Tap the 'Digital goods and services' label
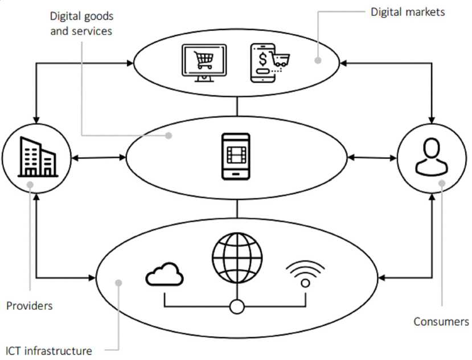click(x=81, y=23)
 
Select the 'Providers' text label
click(x=29, y=306)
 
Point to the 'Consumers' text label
click(x=441, y=322)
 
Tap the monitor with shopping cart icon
click(x=203, y=63)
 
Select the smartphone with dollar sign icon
click(x=268, y=62)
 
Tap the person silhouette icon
click(x=432, y=156)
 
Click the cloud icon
click(x=165, y=275)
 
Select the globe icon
click(x=236, y=254)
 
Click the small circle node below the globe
click(x=236, y=308)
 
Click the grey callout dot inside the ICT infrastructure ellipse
click(x=118, y=283)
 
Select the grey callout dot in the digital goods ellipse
click(x=169, y=136)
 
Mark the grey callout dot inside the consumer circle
click(x=442, y=183)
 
